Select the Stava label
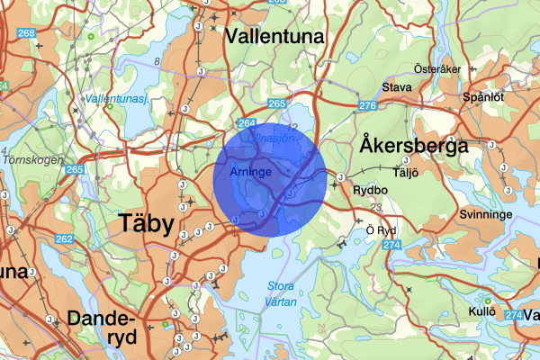coord(397,87)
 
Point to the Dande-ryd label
coord(101,328)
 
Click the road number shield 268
coord(26,33)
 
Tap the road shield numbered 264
coord(247,123)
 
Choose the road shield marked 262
coord(63,238)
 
